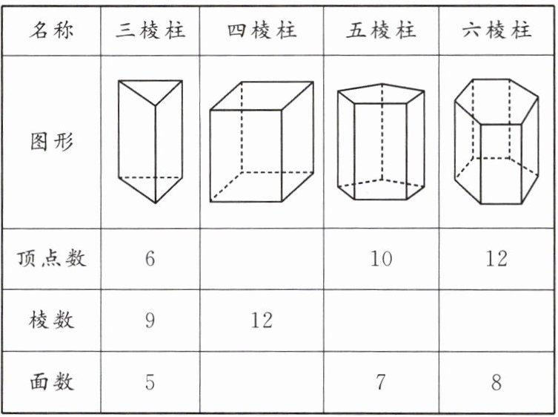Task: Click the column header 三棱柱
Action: (x=150, y=31)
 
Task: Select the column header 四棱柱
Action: (x=262, y=31)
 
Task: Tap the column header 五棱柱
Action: (x=381, y=31)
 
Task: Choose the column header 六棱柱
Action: (x=496, y=31)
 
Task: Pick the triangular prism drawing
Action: (x=150, y=141)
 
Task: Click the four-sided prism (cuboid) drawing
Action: (x=262, y=142)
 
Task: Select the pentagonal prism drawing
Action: (x=381, y=143)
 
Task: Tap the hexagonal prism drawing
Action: (x=496, y=141)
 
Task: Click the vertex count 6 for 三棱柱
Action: (x=150, y=259)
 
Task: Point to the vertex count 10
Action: (x=381, y=259)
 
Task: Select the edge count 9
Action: (x=150, y=321)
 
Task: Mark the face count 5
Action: (x=150, y=382)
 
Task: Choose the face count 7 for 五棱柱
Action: (x=381, y=382)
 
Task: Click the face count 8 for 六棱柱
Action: (x=496, y=382)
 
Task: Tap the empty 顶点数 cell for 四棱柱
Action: (x=262, y=259)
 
